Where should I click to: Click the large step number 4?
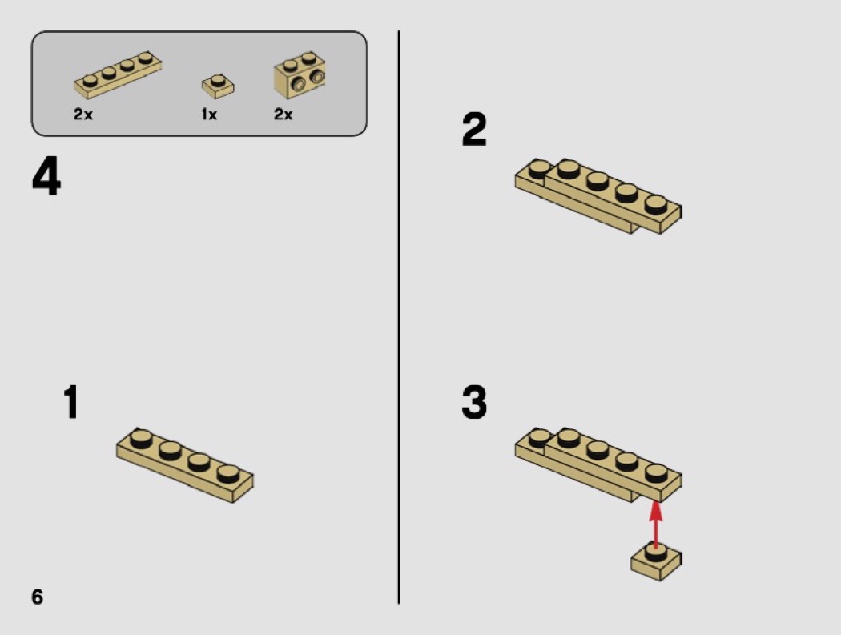46,176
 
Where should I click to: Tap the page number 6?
37,597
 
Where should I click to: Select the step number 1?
71,401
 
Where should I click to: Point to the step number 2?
474,129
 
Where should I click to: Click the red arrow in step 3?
655,524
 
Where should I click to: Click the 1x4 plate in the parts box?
118,74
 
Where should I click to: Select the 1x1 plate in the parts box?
218,86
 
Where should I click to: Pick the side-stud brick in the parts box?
300,75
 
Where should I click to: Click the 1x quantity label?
209,115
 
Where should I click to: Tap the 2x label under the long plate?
83,115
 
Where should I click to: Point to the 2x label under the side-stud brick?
284,115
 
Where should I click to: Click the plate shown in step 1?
185,465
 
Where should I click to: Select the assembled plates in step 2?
598,195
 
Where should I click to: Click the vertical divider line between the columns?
399,317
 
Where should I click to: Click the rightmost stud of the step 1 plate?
228,473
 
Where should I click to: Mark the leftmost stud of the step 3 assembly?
539,438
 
